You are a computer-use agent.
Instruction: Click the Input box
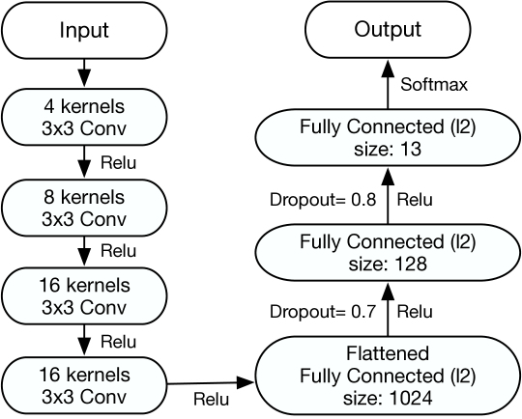(84, 30)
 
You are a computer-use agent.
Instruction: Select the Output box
(388, 29)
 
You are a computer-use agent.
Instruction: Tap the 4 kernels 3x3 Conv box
(84, 117)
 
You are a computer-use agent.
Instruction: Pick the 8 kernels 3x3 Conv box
(84, 208)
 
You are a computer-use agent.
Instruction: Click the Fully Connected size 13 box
(388, 137)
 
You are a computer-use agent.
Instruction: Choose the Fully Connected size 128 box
(388, 252)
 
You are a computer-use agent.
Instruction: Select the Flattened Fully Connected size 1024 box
(388, 376)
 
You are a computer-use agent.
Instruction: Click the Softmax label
(434, 84)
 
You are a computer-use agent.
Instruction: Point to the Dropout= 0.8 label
(323, 200)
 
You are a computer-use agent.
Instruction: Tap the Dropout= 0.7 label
(323, 312)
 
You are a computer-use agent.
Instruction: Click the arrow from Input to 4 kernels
(84, 73)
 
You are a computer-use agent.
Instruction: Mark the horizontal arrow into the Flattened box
(211, 383)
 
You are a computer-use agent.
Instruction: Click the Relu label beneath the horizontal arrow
(212, 399)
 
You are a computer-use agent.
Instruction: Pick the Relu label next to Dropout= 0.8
(415, 200)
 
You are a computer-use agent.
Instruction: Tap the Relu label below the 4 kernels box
(119, 163)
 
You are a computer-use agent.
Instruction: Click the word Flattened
(388, 353)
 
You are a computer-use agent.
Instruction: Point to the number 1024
(411, 398)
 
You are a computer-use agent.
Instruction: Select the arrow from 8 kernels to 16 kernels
(84, 251)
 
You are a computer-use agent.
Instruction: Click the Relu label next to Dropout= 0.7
(415, 312)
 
